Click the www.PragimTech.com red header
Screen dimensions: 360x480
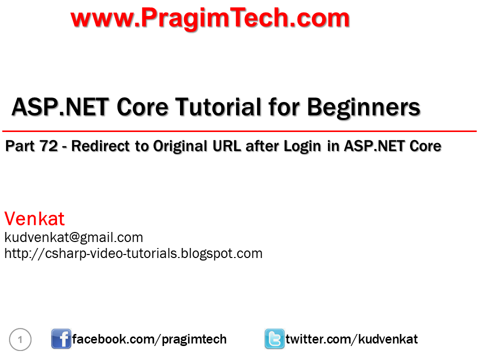210,18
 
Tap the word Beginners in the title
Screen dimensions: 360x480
363,107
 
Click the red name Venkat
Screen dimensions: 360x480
34,219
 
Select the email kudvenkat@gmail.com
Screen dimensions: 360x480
73,237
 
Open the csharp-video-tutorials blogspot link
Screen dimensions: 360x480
133,253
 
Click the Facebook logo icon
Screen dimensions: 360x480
61,339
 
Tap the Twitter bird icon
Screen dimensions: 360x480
274,339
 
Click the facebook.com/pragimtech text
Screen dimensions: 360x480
149,339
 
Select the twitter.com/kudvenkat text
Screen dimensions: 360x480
351,339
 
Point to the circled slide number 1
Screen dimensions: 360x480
20,340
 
